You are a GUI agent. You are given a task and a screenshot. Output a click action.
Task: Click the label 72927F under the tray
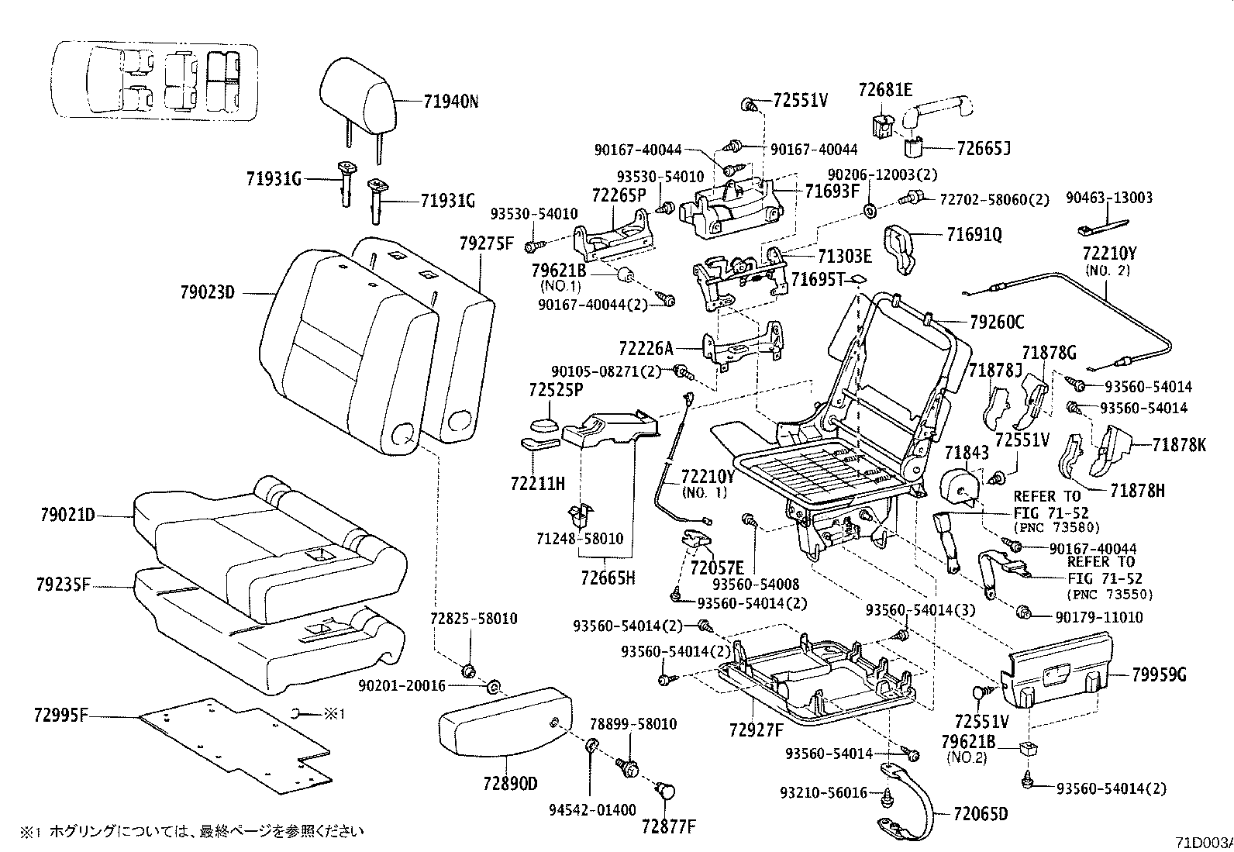[756, 729]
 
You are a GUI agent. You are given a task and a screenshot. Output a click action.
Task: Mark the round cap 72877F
[665, 791]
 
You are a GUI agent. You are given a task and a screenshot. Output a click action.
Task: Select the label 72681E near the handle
[885, 90]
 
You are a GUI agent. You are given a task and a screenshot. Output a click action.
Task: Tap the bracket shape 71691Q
[901, 247]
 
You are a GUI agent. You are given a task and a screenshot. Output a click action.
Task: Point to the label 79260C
[996, 322]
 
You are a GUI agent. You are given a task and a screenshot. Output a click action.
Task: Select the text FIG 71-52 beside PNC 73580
[1050, 512]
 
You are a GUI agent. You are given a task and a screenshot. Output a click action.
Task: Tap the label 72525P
[556, 390]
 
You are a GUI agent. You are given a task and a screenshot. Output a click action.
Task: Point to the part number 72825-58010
[474, 619]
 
